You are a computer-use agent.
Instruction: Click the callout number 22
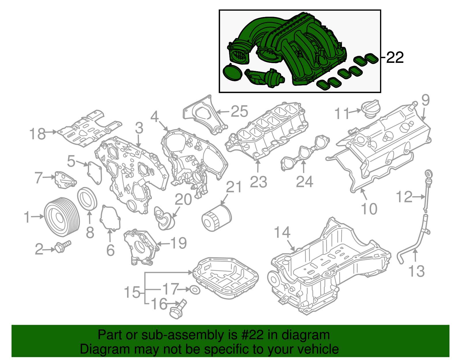395,58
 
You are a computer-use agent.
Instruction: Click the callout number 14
282,232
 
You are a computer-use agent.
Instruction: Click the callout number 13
416,271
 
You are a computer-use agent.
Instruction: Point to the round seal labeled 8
87,199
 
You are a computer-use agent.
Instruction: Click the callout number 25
239,111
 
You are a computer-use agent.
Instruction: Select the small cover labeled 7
65,180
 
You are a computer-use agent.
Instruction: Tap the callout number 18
37,134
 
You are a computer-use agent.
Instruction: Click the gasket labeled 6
110,218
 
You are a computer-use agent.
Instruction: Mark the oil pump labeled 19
140,246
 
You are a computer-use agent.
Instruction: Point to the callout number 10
369,209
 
